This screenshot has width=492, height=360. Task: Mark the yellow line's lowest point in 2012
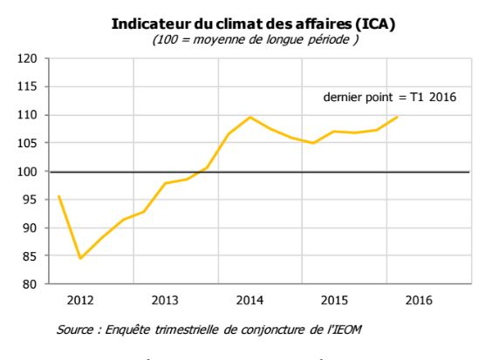point(80,258)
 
